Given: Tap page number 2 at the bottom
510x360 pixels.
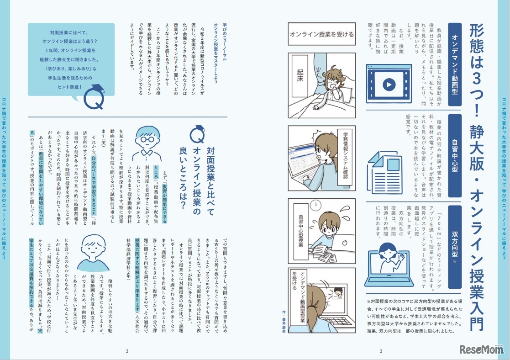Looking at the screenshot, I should click(x=380, y=351).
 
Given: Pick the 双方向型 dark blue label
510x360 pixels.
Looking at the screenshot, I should click(x=455, y=233).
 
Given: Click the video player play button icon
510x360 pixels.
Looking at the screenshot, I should click(x=388, y=85).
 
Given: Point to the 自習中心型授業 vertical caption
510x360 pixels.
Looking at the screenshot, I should click(x=301, y=237).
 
